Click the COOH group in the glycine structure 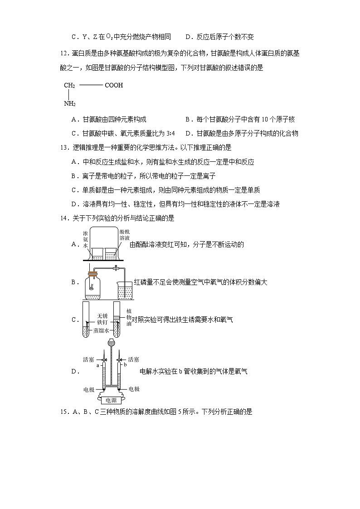click(114, 85)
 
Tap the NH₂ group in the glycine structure click(69, 104)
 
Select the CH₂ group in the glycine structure click(69, 85)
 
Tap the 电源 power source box click(111, 400)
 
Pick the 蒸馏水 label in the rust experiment click(101, 330)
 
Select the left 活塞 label click(88, 359)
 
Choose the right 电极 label click(134, 389)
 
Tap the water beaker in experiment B click(125, 291)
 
